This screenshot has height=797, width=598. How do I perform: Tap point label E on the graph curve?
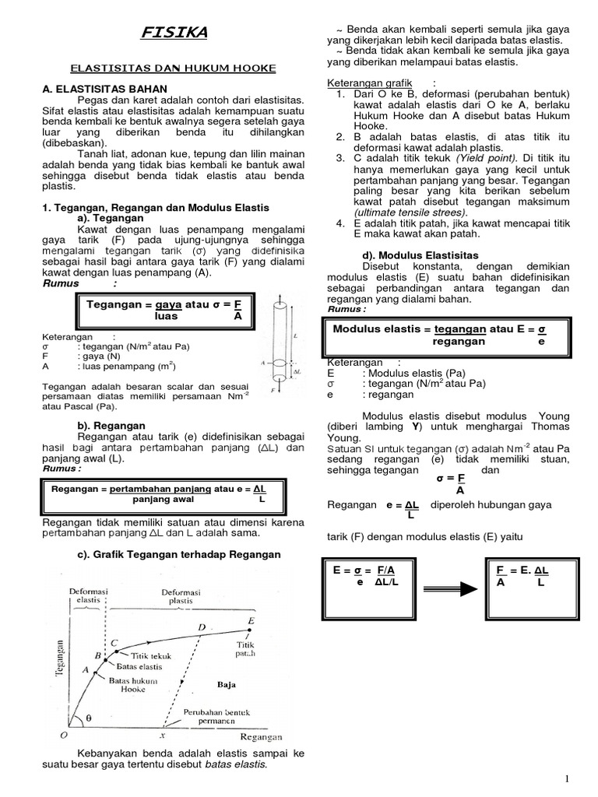coord(250,620)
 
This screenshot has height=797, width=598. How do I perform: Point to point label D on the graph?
coord(202,627)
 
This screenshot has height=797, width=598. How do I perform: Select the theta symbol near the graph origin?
coord(88,718)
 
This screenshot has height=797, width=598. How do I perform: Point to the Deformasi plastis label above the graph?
coord(181,596)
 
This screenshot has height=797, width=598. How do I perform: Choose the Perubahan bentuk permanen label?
coord(210,717)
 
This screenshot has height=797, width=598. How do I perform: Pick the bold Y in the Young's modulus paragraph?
coord(418,427)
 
